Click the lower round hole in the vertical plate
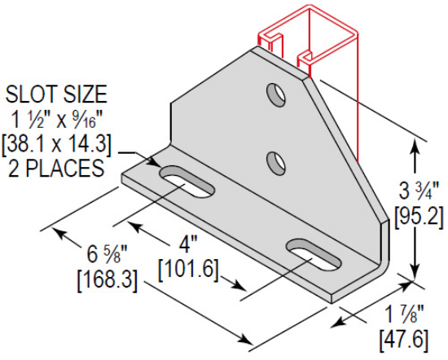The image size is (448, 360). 277,159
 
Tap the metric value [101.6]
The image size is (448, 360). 190,267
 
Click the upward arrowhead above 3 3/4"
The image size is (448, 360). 416,149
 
